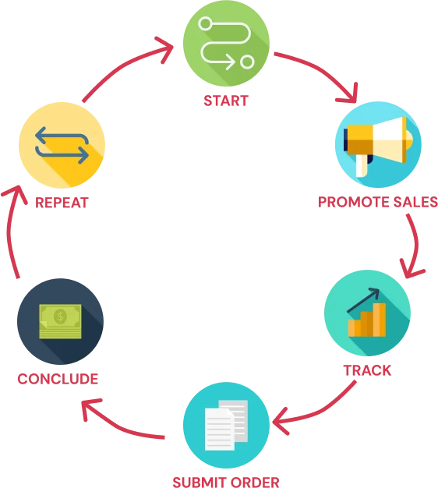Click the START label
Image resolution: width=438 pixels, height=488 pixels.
(226, 101)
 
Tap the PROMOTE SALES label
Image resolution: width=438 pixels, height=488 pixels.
(378, 202)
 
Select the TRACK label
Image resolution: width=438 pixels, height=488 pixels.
(367, 370)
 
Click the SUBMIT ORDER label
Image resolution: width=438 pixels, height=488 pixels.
(226, 482)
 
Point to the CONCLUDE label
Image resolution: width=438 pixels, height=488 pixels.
(58, 379)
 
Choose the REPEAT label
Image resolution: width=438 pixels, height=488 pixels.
(62, 203)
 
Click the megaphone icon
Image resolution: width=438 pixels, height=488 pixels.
(378, 146)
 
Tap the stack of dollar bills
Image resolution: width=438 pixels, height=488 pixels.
(60, 321)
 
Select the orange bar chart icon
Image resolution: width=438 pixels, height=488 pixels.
(367, 320)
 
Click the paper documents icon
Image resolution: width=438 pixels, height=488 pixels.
(226, 425)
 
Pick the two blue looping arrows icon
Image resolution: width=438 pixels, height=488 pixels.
(62, 145)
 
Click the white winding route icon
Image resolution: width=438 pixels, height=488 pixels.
(226, 43)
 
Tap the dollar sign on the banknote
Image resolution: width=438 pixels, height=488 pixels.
(60, 316)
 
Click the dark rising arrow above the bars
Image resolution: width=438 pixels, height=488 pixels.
(364, 299)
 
